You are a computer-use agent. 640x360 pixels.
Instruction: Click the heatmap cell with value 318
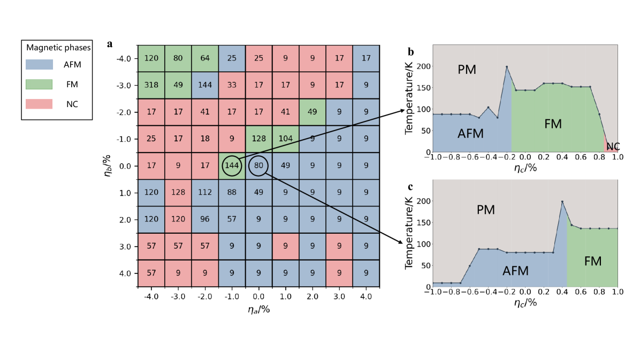coord(151,86)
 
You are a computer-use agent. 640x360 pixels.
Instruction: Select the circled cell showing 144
coord(232,166)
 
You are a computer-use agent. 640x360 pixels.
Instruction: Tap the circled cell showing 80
coord(258,166)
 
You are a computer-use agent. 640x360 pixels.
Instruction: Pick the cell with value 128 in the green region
coord(258,139)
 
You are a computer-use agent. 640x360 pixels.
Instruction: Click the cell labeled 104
coord(285,139)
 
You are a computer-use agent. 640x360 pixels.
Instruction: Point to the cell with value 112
coord(205,193)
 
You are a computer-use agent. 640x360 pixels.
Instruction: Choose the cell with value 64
coord(205,59)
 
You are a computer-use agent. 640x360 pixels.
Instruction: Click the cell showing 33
coord(232,86)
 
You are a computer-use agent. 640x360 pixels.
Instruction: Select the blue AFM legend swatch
coord(39,65)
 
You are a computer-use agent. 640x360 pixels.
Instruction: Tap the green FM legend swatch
coord(39,84)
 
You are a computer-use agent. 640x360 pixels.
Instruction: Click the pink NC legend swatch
coord(39,104)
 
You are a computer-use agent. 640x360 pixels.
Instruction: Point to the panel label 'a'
coord(110,44)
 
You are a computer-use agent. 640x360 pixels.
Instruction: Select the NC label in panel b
coord(613,146)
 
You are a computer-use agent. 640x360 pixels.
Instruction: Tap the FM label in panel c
coord(593,261)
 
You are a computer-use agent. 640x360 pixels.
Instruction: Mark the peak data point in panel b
coord(507,67)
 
